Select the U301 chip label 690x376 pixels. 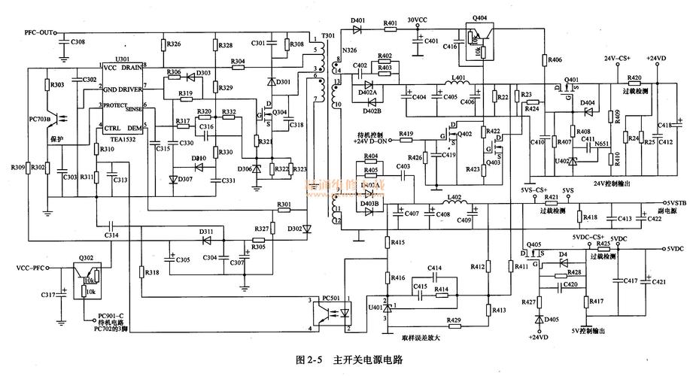click(122, 59)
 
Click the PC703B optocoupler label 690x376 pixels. click(40, 120)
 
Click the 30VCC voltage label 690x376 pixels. click(418, 20)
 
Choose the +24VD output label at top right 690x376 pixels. click(656, 59)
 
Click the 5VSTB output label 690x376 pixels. click(674, 202)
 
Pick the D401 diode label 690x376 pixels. click(358, 20)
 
